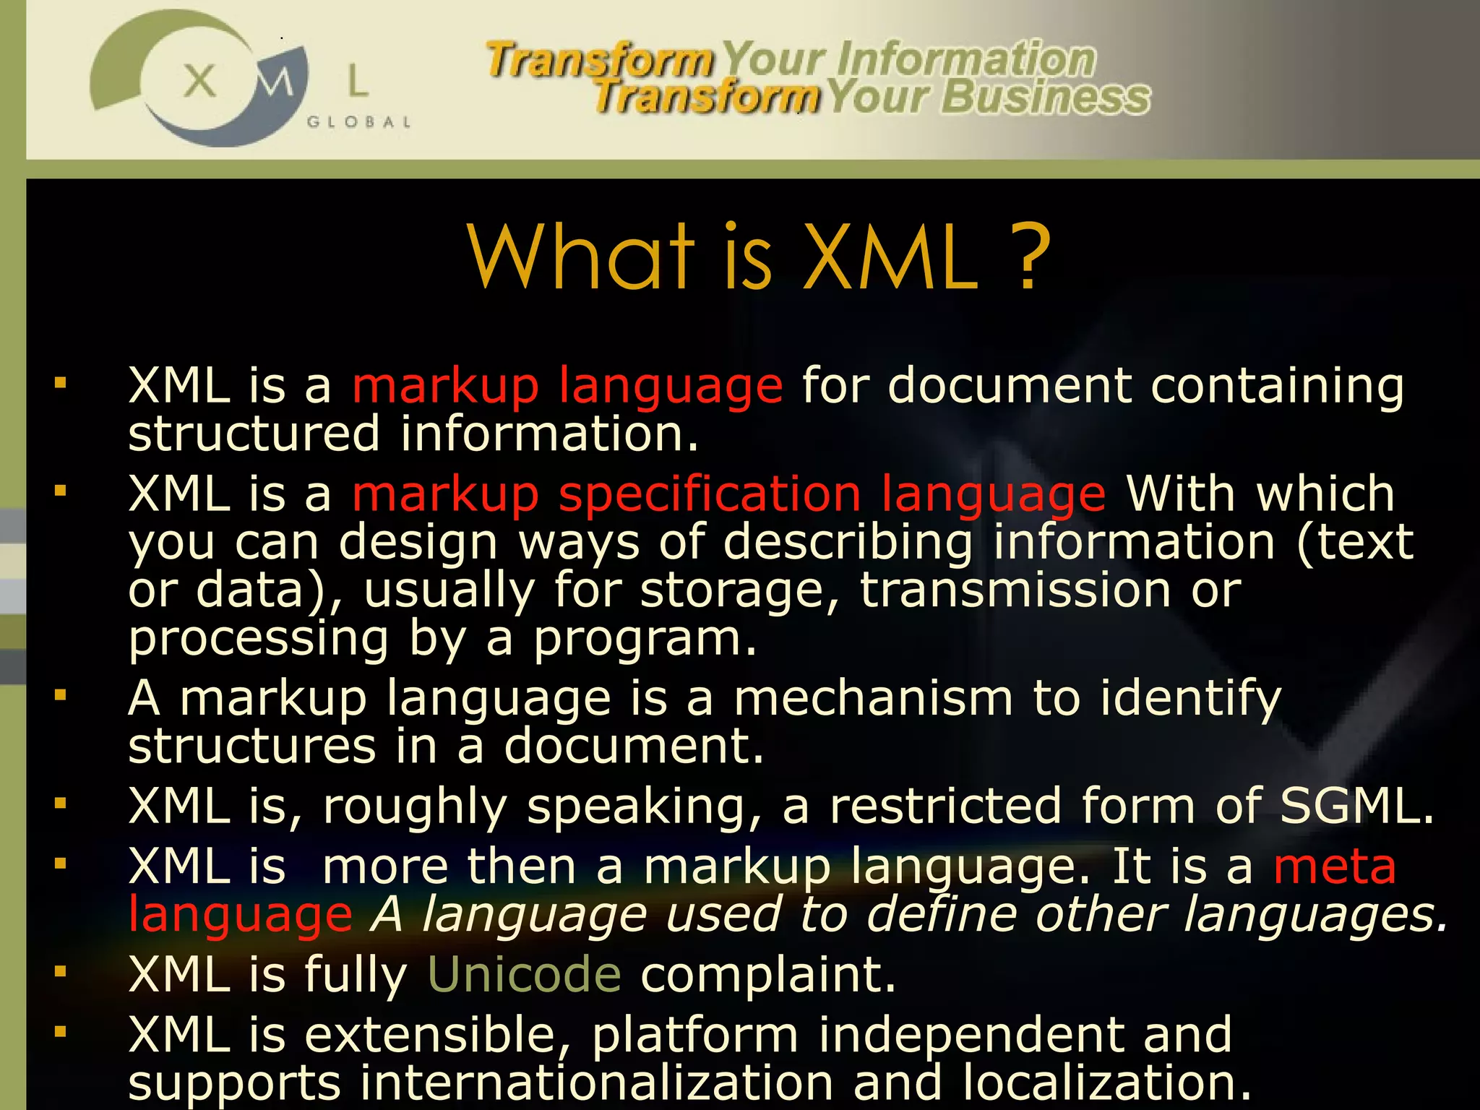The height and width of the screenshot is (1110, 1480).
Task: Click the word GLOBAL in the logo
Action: (x=359, y=122)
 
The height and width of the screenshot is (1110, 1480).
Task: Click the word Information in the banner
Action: (x=966, y=59)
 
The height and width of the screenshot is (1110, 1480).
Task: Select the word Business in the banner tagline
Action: (x=1046, y=97)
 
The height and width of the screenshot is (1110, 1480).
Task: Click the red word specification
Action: (x=710, y=494)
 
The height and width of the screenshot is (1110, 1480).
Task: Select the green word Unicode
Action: (x=524, y=974)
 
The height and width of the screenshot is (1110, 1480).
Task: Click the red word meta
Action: (x=1335, y=866)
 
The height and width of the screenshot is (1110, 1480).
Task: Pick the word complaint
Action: (x=768, y=974)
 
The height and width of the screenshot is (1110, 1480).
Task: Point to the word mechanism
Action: (x=873, y=699)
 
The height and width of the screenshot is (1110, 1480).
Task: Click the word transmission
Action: (x=1015, y=590)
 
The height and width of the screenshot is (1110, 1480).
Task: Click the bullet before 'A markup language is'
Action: (x=60, y=695)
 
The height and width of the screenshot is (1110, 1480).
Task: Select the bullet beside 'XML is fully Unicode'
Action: (x=60, y=971)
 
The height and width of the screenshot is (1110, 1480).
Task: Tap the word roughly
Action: (x=415, y=807)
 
